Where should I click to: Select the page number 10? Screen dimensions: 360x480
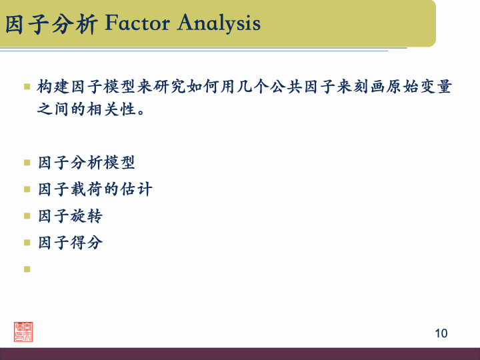pos(441,333)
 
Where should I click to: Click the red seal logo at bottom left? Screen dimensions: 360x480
pos(23,331)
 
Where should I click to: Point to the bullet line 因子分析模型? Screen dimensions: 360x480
pos(87,163)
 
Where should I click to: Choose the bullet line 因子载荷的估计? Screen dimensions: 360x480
pos(95,189)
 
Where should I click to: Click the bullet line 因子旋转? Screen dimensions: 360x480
pos(70,216)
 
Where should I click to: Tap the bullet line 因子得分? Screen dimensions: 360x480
pos(70,243)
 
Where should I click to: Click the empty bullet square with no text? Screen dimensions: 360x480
pos(27,269)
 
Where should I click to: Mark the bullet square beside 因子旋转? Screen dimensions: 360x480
pos(27,216)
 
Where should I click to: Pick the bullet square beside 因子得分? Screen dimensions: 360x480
pos(27,243)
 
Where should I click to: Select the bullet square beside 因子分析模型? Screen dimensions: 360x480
pos(27,163)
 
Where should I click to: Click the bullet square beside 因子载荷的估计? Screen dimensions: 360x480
pos(27,189)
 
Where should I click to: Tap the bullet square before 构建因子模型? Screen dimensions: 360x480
pos(27,87)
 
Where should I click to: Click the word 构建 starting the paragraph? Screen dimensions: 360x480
pos(53,87)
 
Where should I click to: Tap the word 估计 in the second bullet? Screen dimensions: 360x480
pos(136,189)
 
